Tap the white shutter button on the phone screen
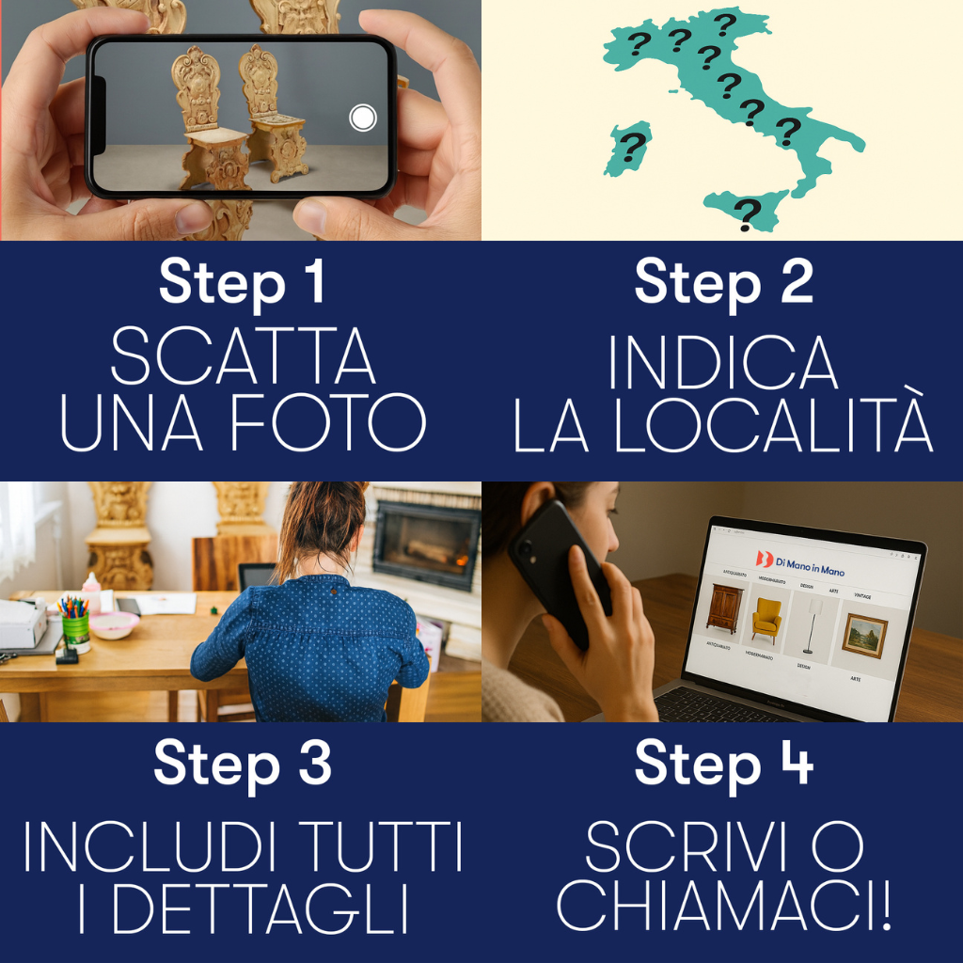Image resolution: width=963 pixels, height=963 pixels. (362, 118)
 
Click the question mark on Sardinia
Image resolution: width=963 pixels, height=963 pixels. (634, 147)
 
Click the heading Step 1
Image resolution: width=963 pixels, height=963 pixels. (242, 281)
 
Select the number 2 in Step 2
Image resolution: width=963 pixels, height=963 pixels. (795, 281)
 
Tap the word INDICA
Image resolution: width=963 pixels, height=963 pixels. (722, 363)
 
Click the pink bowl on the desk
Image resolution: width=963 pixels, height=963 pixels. (115, 624)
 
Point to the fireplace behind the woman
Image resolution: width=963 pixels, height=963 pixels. (425, 545)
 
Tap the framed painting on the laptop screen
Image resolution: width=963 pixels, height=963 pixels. (863, 635)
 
